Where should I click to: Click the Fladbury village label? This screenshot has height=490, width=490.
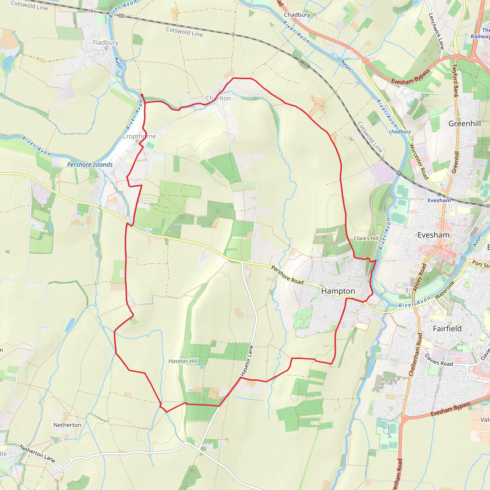pyautogui.click(x=106, y=43)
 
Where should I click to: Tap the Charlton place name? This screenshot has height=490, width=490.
pyautogui.click(x=218, y=98)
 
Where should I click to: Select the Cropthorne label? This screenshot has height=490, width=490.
pyautogui.click(x=139, y=136)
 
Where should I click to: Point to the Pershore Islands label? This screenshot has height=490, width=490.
pyautogui.click(x=89, y=165)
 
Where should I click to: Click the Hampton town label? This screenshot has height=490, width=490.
pyautogui.click(x=338, y=291)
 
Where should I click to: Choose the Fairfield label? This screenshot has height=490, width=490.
pyautogui.click(x=447, y=329)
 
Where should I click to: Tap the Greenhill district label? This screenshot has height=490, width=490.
pyautogui.click(x=465, y=123)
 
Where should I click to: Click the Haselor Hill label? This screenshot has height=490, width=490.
pyautogui.click(x=183, y=361)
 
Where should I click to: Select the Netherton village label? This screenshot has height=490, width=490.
pyautogui.click(x=67, y=425)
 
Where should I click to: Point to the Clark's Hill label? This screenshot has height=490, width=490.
pyautogui.click(x=366, y=238)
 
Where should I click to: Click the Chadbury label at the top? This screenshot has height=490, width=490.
pyautogui.click(x=297, y=15)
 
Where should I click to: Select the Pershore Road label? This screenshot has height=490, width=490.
pyautogui.click(x=287, y=275)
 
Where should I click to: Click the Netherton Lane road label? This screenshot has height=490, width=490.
pyautogui.click(x=37, y=453)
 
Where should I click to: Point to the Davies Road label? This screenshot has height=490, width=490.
pyautogui.click(x=439, y=360)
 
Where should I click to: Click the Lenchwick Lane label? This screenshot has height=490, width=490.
pyautogui.click(x=436, y=31)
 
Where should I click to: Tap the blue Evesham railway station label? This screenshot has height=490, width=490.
pyautogui.click(x=439, y=200)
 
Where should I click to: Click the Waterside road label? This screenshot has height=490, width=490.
pyautogui.click(x=445, y=290)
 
